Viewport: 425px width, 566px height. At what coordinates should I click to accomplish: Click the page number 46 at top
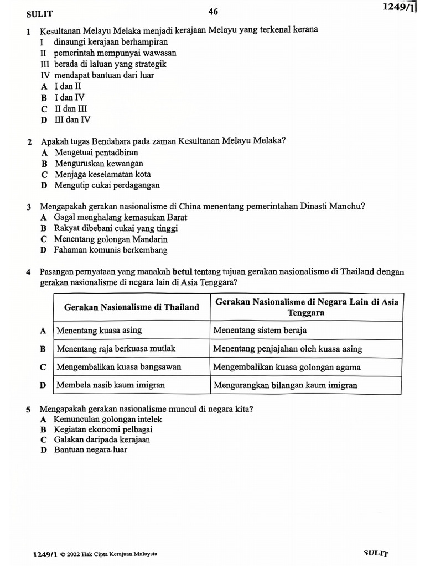[x=213, y=12]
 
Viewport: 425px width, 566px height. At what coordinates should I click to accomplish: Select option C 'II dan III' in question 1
[x=70, y=109]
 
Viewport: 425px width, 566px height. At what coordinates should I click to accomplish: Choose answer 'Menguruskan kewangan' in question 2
[x=99, y=164]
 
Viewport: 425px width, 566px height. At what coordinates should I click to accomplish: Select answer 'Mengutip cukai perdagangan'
[x=107, y=186]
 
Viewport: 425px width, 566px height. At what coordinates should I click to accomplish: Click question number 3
[x=28, y=207]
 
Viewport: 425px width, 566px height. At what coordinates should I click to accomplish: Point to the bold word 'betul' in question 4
[x=183, y=271]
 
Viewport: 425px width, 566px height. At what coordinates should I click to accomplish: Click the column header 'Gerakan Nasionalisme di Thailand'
[x=132, y=307]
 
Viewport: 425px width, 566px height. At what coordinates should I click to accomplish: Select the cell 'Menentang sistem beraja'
[x=260, y=331]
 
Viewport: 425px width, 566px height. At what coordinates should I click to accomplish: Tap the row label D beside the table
[x=43, y=385]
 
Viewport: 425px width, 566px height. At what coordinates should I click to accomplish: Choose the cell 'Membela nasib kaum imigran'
[x=111, y=385]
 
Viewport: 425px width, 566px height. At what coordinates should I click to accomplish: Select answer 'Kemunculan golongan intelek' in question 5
[x=108, y=420]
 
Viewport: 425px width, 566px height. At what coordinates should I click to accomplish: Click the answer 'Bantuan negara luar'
[x=91, y=449]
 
